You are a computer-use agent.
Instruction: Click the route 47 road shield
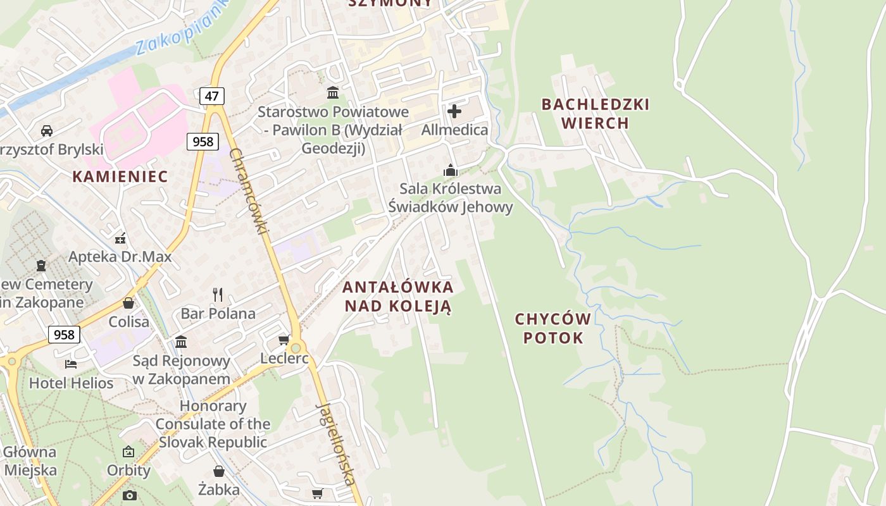[x=212, y=96]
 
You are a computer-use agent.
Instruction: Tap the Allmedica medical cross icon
[x=454, y=112]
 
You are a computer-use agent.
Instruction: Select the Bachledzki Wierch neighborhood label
[x=596, y=114]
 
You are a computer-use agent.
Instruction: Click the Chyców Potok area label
[x=553, y=328]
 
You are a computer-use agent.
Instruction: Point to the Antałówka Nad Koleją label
[x=398, y=297]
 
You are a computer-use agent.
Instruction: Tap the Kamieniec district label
[x=120, y=176]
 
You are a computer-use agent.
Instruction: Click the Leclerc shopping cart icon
[x=284, y=340]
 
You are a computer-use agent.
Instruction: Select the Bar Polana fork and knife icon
[x=218, y=294]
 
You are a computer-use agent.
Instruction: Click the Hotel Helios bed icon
[x=71, y=364]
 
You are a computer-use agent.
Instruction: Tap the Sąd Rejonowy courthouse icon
[x=181, y=342]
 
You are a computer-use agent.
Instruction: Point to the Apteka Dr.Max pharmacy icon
[x=120, y=238]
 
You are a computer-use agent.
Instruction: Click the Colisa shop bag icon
[x=128, y=303]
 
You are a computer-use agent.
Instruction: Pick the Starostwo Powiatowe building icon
[x=333, y=93]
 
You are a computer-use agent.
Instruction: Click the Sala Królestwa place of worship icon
[x=451, y=170]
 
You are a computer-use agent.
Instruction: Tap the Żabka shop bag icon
[x=219, y=471]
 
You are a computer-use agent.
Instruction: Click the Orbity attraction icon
[x=128, y=452]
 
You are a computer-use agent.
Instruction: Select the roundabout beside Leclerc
[x=296, y=348]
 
